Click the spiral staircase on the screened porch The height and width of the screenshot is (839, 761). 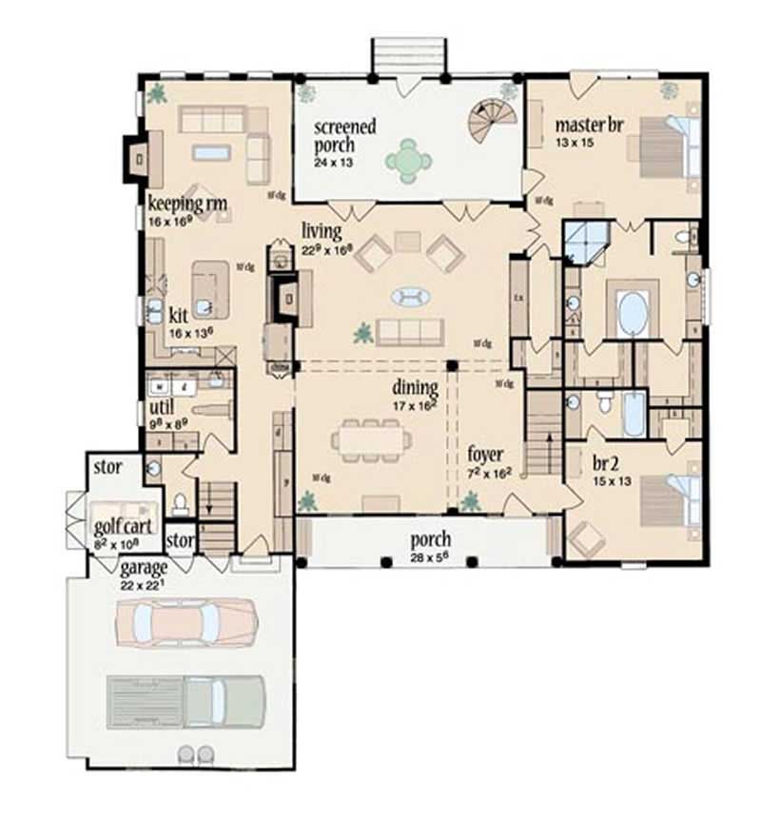click(492, 120)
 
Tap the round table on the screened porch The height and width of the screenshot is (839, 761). click(408, 161)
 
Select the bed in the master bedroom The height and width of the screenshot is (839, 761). click(666, 146)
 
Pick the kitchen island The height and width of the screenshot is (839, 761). click(209, 288)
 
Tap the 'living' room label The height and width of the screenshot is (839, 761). click(321, 231)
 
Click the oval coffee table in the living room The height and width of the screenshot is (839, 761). click(410, 298)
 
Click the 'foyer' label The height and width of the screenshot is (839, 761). click(484, 455)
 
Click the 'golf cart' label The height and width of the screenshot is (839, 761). click(118, 526)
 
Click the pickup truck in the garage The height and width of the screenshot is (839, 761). click(185, 702)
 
